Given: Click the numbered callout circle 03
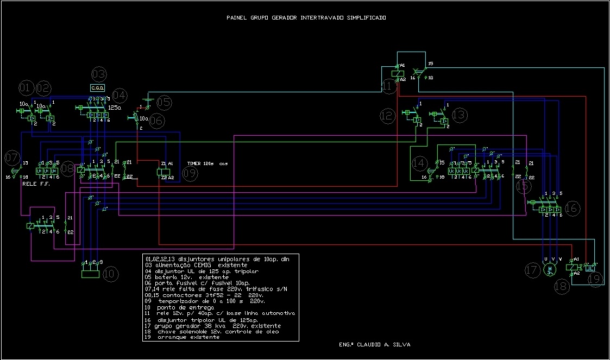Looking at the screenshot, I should click(98, 74).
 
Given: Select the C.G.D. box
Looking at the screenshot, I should click(97, 87).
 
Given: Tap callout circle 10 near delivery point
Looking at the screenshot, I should click(110, 274).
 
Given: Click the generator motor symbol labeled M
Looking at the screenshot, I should click(550, 269).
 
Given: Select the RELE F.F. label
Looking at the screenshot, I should click(36, 184).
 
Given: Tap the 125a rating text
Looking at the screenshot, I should click(115, 108).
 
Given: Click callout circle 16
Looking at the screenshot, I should click(572, 208).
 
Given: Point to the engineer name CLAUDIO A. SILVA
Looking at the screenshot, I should click(378, 344).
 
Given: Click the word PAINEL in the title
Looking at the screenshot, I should click(237, 17).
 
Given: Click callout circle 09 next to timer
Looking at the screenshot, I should click(190, 174).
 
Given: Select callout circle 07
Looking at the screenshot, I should click(11, 159).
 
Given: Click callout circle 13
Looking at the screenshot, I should click(459, 115).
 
